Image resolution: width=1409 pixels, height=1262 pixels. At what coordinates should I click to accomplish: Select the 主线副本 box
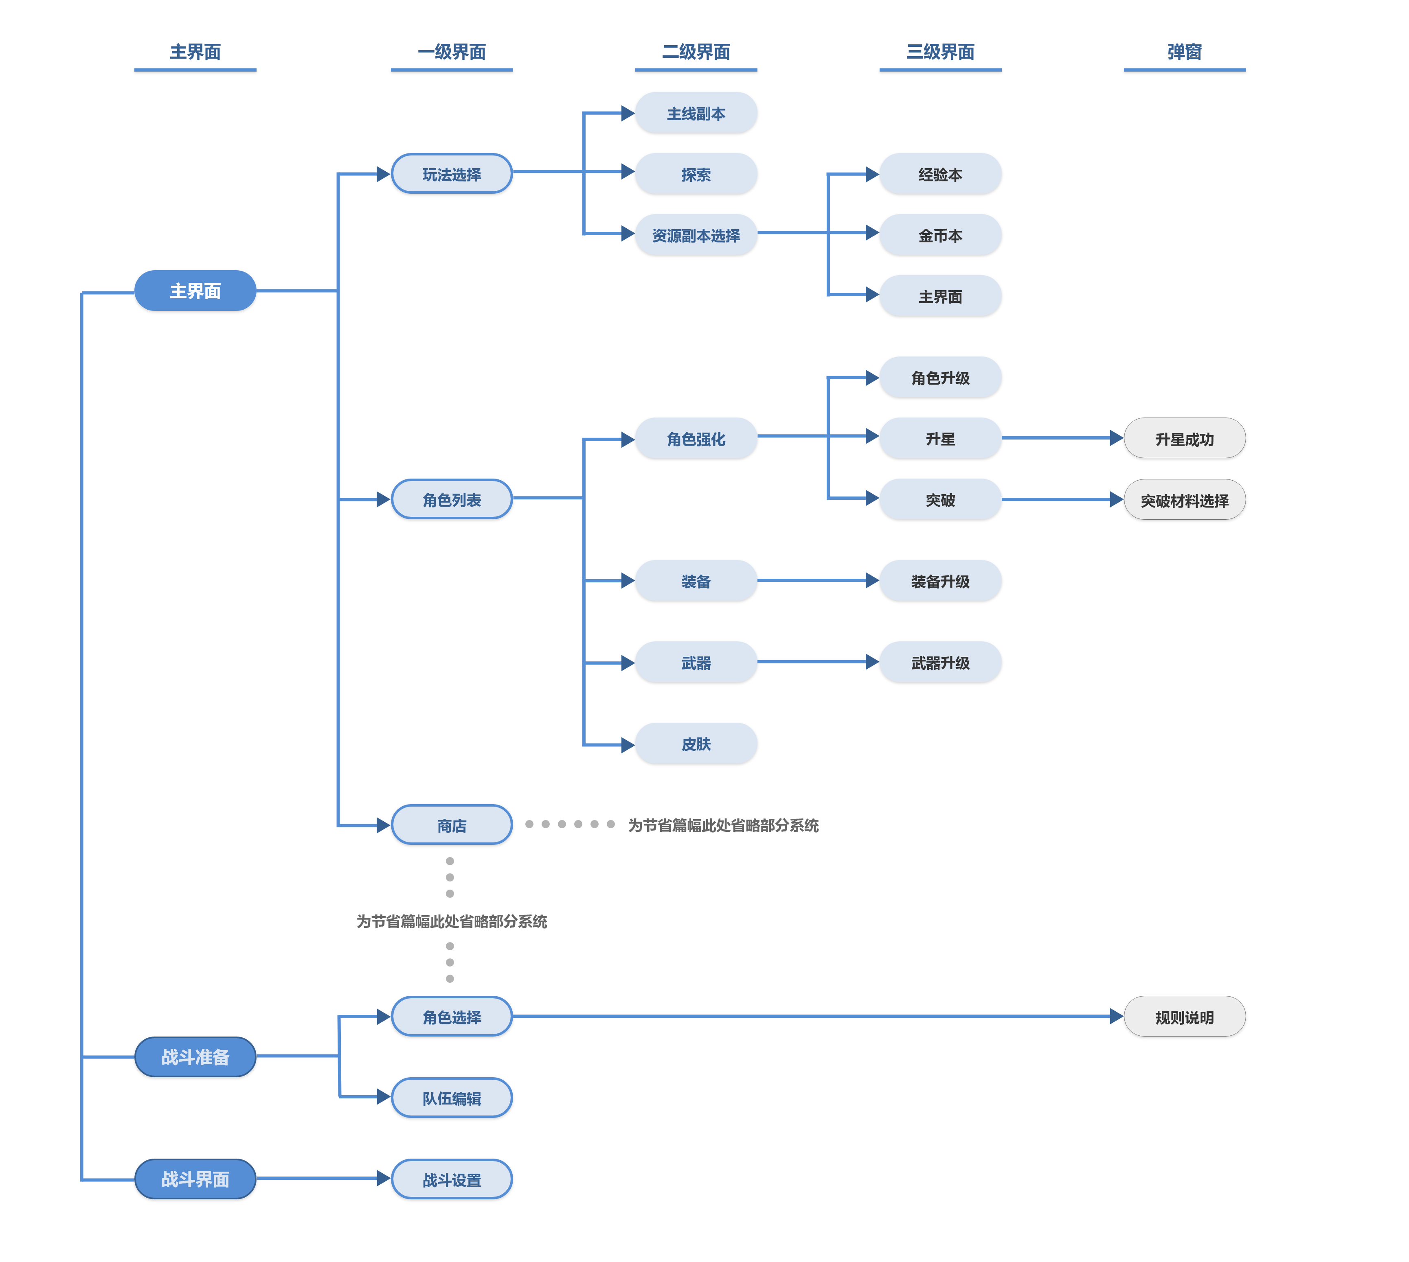[696, 113]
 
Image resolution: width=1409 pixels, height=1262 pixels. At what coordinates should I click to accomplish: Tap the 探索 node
[696, 174]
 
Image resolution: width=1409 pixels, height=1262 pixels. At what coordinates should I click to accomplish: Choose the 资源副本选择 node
[696, 235]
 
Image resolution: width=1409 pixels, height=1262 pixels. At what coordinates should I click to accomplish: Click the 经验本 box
[940, 174]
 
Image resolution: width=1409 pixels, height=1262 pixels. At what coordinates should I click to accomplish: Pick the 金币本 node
[940, 235]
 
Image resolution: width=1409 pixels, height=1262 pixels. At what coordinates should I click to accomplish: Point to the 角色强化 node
[696, 438]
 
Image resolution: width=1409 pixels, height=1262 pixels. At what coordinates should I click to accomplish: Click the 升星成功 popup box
[1184, 438]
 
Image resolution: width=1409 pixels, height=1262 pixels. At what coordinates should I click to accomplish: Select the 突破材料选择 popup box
[1184, 499]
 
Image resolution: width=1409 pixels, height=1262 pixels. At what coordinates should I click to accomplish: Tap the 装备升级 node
[940, 581]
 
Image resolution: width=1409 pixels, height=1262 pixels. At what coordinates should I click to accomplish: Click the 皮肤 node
[696, 744]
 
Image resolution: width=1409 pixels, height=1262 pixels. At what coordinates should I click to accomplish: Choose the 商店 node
[452, 825]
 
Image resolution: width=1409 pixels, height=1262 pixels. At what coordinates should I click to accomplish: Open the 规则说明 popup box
[1184, 1017]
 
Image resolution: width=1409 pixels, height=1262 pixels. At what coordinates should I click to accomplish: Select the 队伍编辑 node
[452, 1098]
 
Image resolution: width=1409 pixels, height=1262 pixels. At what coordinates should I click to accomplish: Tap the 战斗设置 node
[452, 1179]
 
